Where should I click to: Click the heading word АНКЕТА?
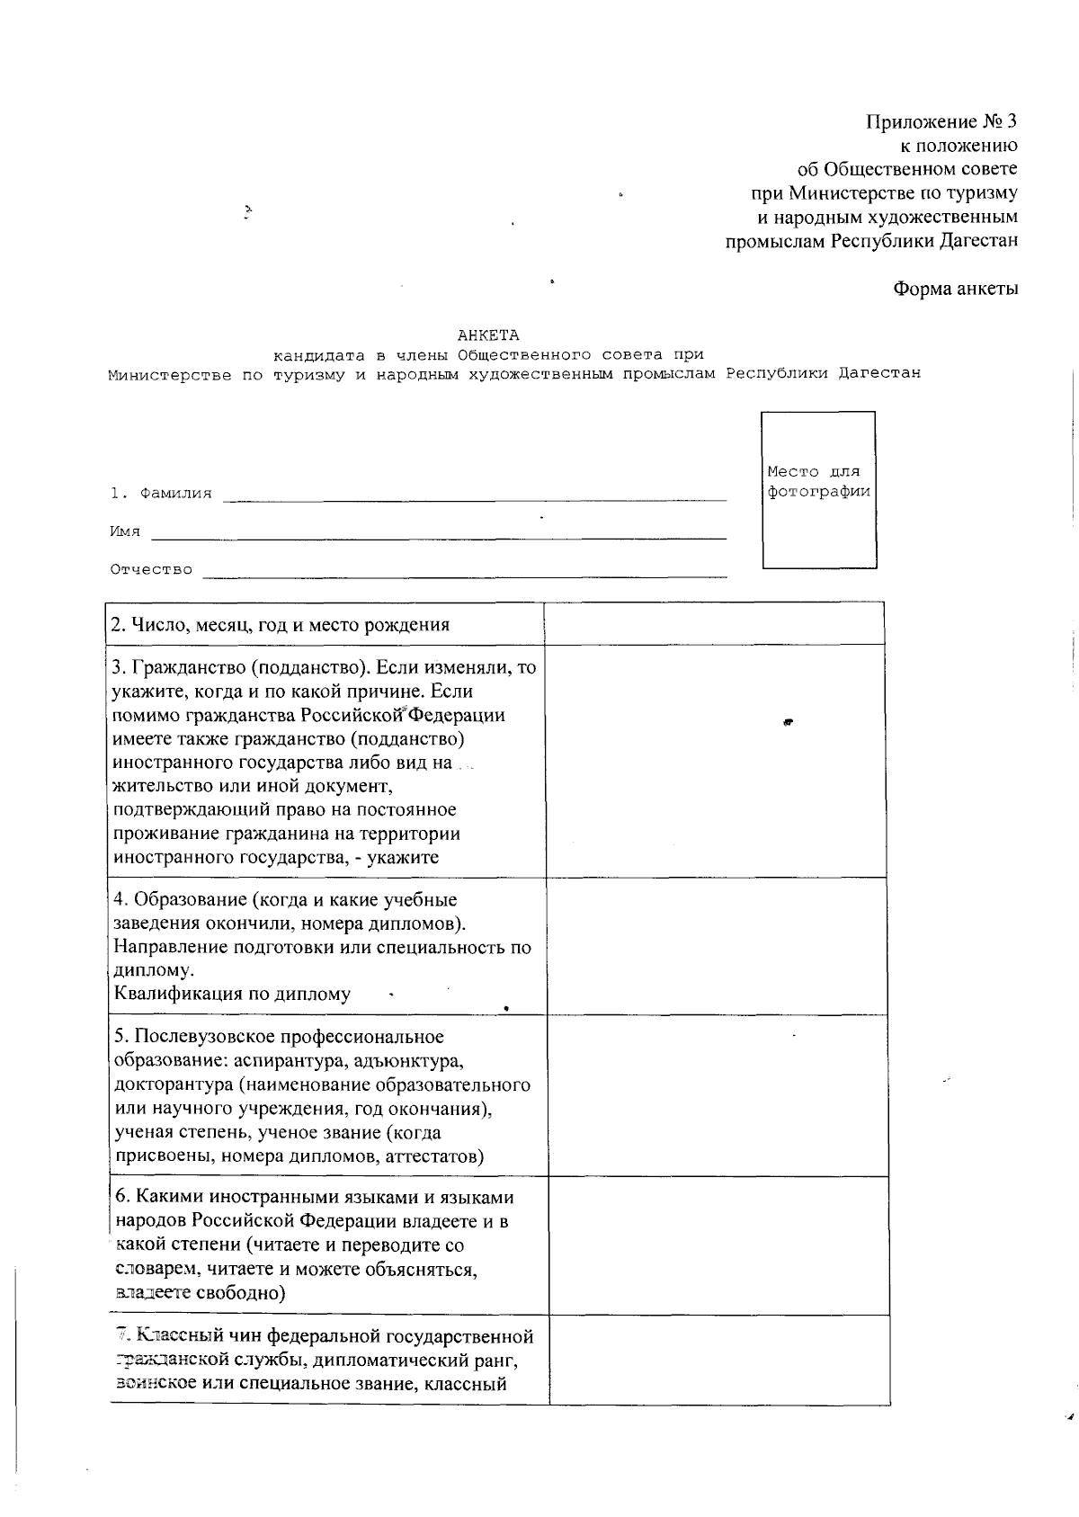[487, 335]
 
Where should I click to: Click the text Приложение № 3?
[941, 122]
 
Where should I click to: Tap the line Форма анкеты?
[955, 289]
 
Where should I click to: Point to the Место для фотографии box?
[818, 490]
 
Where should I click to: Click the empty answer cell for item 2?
[714, 624]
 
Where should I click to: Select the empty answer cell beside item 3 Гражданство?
[714, 761]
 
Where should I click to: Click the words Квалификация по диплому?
[232, 994]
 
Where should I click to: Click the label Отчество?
[151, 569]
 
